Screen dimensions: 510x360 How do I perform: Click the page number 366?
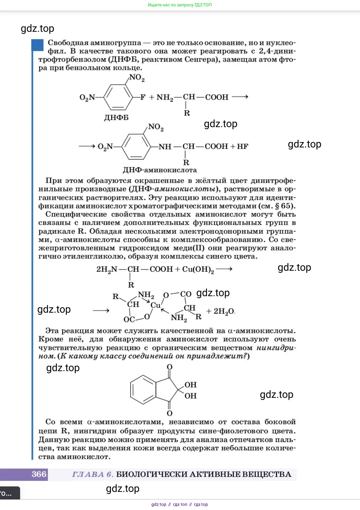click(39, 474)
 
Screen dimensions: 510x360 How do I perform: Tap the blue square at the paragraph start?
click(38, 45)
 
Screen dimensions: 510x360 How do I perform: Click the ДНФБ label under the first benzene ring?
click(116, 118)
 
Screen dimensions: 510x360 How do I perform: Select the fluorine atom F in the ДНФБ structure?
click(143, 97)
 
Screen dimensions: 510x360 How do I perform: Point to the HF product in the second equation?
click(242, 146)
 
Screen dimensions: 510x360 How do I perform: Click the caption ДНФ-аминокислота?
click(160, 170)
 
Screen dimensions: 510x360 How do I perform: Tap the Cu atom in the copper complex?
click(155, 305)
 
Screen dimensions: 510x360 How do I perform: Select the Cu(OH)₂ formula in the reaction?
click(198, 269)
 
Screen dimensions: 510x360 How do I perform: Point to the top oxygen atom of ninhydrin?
click(170, 367)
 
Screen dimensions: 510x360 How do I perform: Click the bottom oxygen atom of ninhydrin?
click(170, 413)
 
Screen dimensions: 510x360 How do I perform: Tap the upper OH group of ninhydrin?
click(190, 385)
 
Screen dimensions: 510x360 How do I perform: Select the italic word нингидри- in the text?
click(276, 348)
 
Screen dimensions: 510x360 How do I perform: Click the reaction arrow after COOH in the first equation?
click(240, 97)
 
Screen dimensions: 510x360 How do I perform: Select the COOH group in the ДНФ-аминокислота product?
click(216, 146)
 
